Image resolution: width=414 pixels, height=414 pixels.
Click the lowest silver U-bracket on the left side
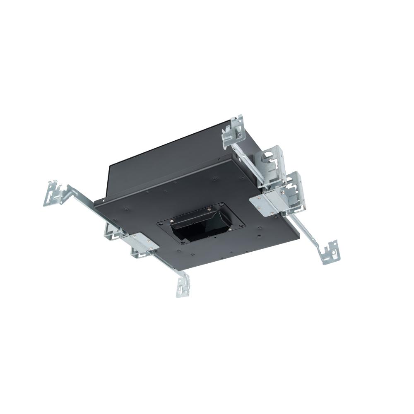[x=137, y=253]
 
